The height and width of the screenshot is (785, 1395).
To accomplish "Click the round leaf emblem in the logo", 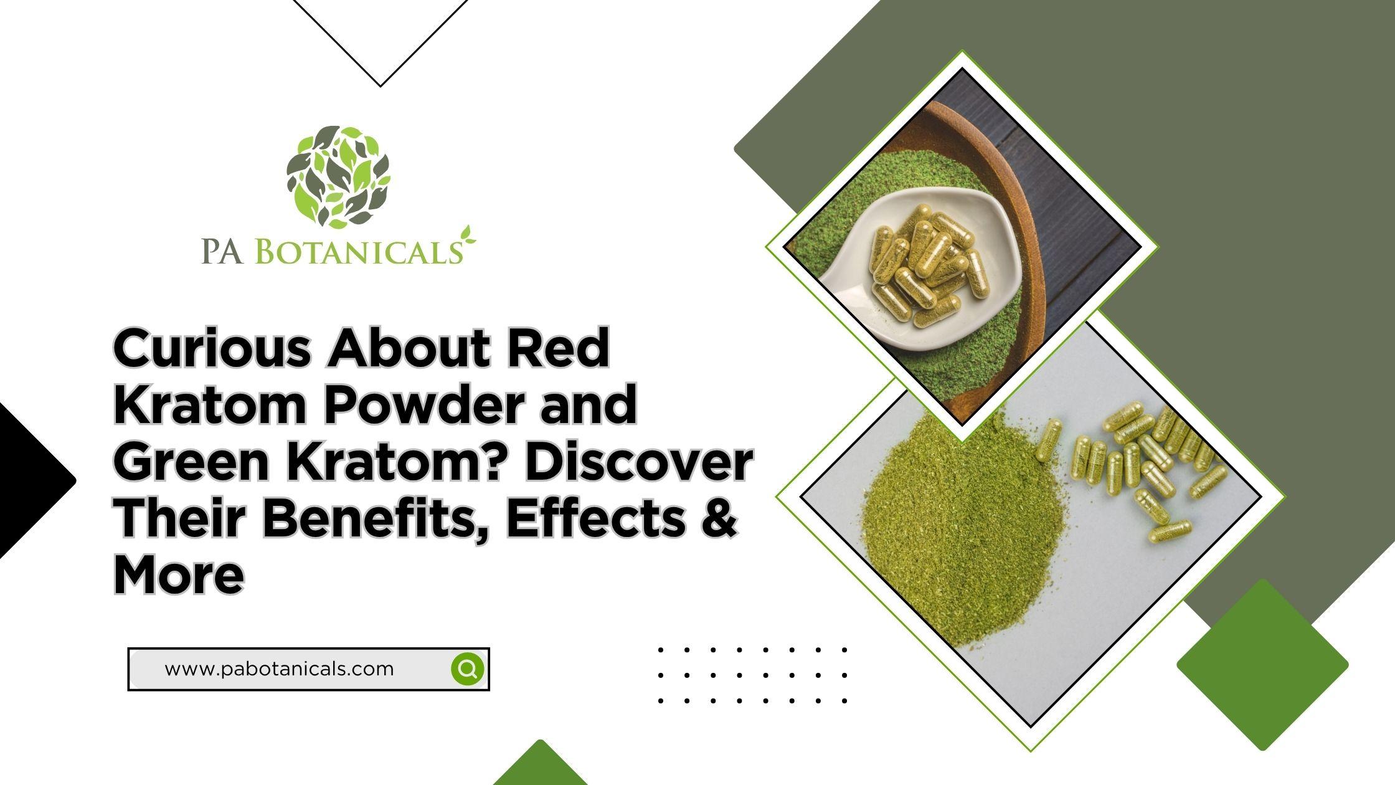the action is [338, 176].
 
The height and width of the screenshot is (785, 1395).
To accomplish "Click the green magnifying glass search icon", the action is [468, 669].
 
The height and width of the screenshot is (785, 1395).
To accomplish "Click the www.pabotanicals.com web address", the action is [279, 669].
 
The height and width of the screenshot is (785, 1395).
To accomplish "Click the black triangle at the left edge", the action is [34, 480].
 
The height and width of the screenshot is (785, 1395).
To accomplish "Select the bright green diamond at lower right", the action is [1262, 665].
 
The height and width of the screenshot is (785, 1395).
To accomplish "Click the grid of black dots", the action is [752, 675].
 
